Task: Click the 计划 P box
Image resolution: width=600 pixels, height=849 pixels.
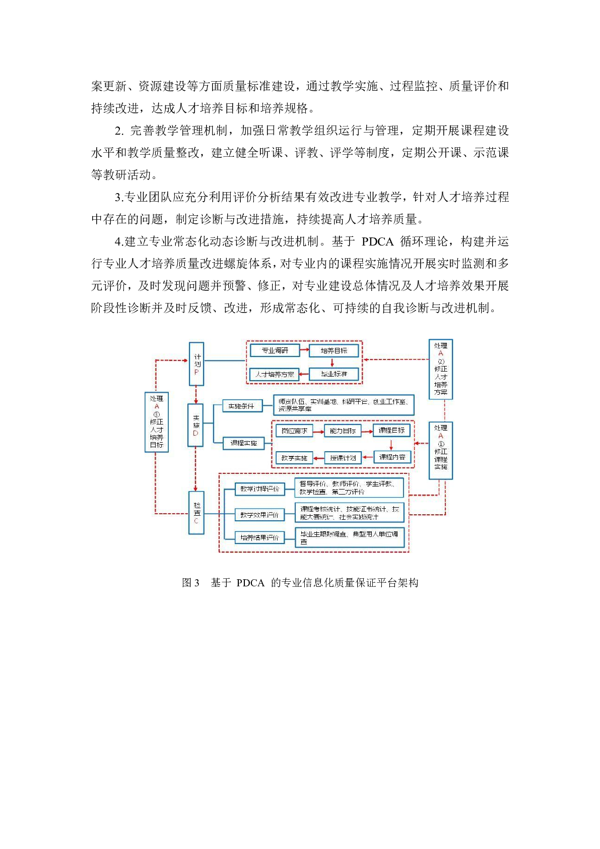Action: [x=196, y=364]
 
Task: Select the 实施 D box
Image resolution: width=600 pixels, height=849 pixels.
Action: [x=195, y=425]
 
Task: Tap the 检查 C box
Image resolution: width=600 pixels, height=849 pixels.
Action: [x=196, y=513]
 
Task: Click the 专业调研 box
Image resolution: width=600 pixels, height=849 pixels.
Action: [x=275, y=350]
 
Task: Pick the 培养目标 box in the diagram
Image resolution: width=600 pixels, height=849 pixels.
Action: [x=334, y=350]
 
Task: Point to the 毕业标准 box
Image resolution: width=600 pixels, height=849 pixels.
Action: [x=334, y=374]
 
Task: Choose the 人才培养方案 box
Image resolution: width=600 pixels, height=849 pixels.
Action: [x=275, y=375]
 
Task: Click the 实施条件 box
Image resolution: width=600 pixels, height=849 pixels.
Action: [x=242, y=406]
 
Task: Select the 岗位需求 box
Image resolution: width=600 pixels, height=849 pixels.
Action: [x=294, y=431]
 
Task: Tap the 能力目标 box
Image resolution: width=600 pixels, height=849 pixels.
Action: [x=343, y=431]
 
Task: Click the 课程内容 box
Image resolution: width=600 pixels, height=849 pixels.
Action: [x=392, y=457]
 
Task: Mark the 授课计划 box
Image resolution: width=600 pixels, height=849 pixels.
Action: [x=343, y=458]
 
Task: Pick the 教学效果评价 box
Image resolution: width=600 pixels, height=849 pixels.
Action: [x=259, y=515]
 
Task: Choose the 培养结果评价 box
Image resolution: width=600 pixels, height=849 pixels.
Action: [x=259, y=537]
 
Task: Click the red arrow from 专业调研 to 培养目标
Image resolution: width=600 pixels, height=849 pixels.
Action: [x=304, y=350]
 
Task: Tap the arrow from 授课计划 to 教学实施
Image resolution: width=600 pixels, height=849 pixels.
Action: [x=319, y=458]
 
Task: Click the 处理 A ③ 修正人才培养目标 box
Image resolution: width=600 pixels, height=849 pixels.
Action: [x=156, y=422]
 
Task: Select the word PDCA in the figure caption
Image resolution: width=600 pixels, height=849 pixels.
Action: [x=250, y=583]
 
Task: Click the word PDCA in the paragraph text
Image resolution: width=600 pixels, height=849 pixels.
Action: [x=377, y=241]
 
